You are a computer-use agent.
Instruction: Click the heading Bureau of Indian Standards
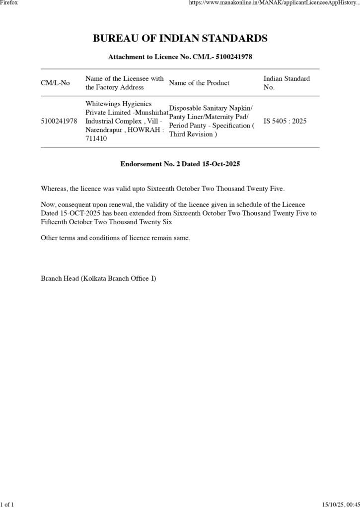[x=180, y=39]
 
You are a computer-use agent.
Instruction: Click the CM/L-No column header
[x=55, y=83]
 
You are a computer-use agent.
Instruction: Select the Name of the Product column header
[x=199, y=83]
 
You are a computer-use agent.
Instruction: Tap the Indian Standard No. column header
[x=287, y=83]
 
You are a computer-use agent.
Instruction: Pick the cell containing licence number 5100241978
[x=59, y=121]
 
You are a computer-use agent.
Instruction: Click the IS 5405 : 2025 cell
[x=285, y=121]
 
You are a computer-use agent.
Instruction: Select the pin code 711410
[x=96, y=139]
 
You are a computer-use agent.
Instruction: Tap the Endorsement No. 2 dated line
[x=180, y=164]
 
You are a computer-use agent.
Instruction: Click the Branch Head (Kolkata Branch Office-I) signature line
[x=98, y=278]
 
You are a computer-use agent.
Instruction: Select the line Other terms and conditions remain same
[x=115, y=238]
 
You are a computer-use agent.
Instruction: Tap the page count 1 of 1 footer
[x=7, y=504]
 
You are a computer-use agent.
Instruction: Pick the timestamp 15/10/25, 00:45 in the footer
[x=340, y=504]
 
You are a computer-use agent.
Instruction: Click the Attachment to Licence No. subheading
[x=180, y=57]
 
